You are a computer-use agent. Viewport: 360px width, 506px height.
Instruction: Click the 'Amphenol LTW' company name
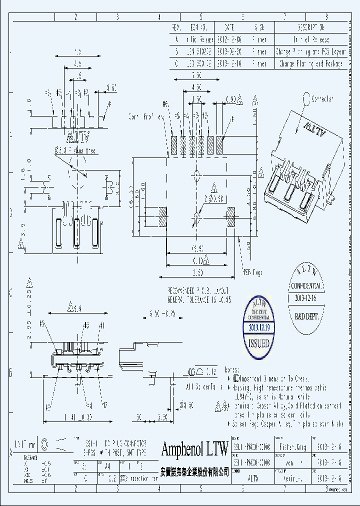[x=194, y=449]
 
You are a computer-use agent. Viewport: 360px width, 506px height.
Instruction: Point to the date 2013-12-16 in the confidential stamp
[x=306, y=298]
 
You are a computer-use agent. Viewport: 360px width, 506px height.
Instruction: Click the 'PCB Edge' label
[x=253, y=272]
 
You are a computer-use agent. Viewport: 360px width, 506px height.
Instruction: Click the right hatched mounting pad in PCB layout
[x=230, y=218]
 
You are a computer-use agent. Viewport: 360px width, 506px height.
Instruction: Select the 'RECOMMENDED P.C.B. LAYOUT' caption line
[x=199, y=290]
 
